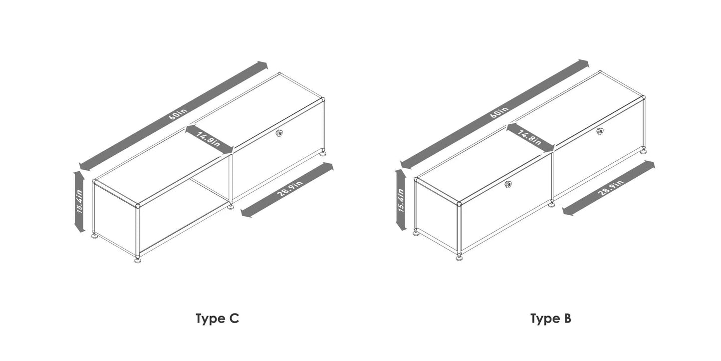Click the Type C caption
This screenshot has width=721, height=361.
(217, 319)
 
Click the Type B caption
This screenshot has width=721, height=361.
(550, 319)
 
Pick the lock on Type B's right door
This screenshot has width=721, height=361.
(600, 131)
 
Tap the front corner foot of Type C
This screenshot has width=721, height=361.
(138, 260)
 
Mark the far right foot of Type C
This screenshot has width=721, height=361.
(324, 153)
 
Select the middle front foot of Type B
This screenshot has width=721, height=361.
(551, 204)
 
